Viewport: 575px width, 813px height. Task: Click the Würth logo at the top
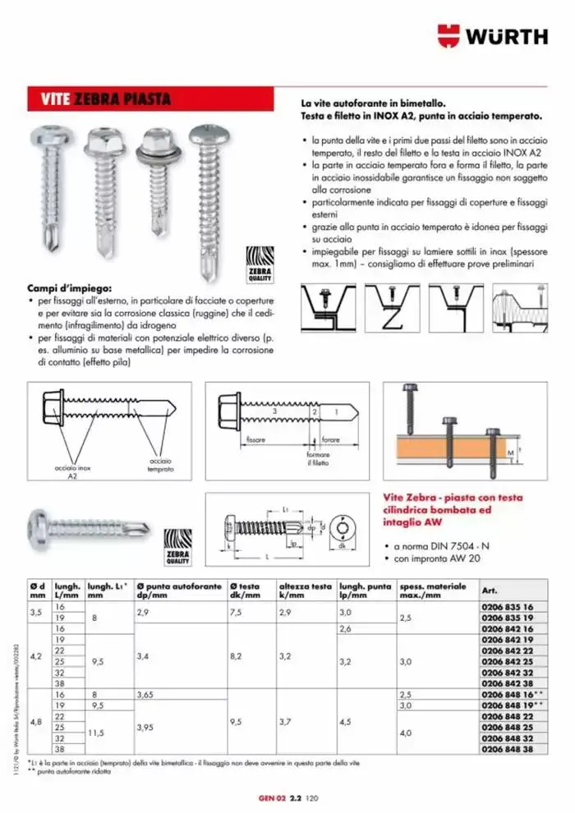(492, 35)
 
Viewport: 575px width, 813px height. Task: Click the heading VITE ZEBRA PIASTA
(107, 100)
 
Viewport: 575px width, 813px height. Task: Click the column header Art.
(490, 590)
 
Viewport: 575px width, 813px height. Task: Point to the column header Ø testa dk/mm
(244, 590)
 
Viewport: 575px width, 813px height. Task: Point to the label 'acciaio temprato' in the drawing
(161, 465)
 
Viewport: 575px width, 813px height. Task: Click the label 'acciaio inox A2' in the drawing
(71, 471)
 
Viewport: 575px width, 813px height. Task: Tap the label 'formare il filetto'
(318, 458)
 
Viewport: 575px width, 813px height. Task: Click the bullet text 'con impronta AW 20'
(438, 558)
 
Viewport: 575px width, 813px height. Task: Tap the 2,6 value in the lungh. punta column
(348, 627)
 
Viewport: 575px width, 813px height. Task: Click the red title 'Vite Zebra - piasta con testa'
(464, 497)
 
